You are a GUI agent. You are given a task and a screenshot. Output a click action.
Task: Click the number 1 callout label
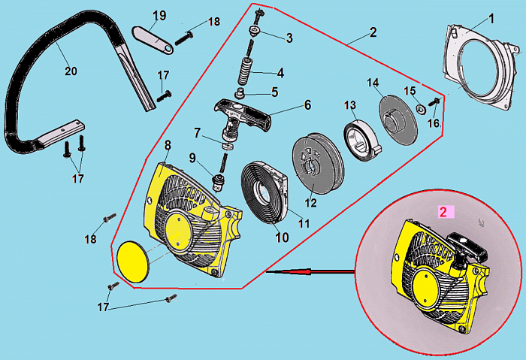pyautogui.click(x=491, y=17)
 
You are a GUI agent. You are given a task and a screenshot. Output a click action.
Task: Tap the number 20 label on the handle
pyautogui.click(x=70, y=71)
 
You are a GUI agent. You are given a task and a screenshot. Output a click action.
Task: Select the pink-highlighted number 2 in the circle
pyautogui.click(x=443, y=213)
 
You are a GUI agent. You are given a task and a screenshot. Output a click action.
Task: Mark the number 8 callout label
pyautogui.click(x=168, y=143)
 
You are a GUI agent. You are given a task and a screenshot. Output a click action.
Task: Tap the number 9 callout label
pyautogui.click(x=192, y=158)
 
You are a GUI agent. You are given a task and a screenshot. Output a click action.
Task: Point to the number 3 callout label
pyautogui.click(x=289, y=38)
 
